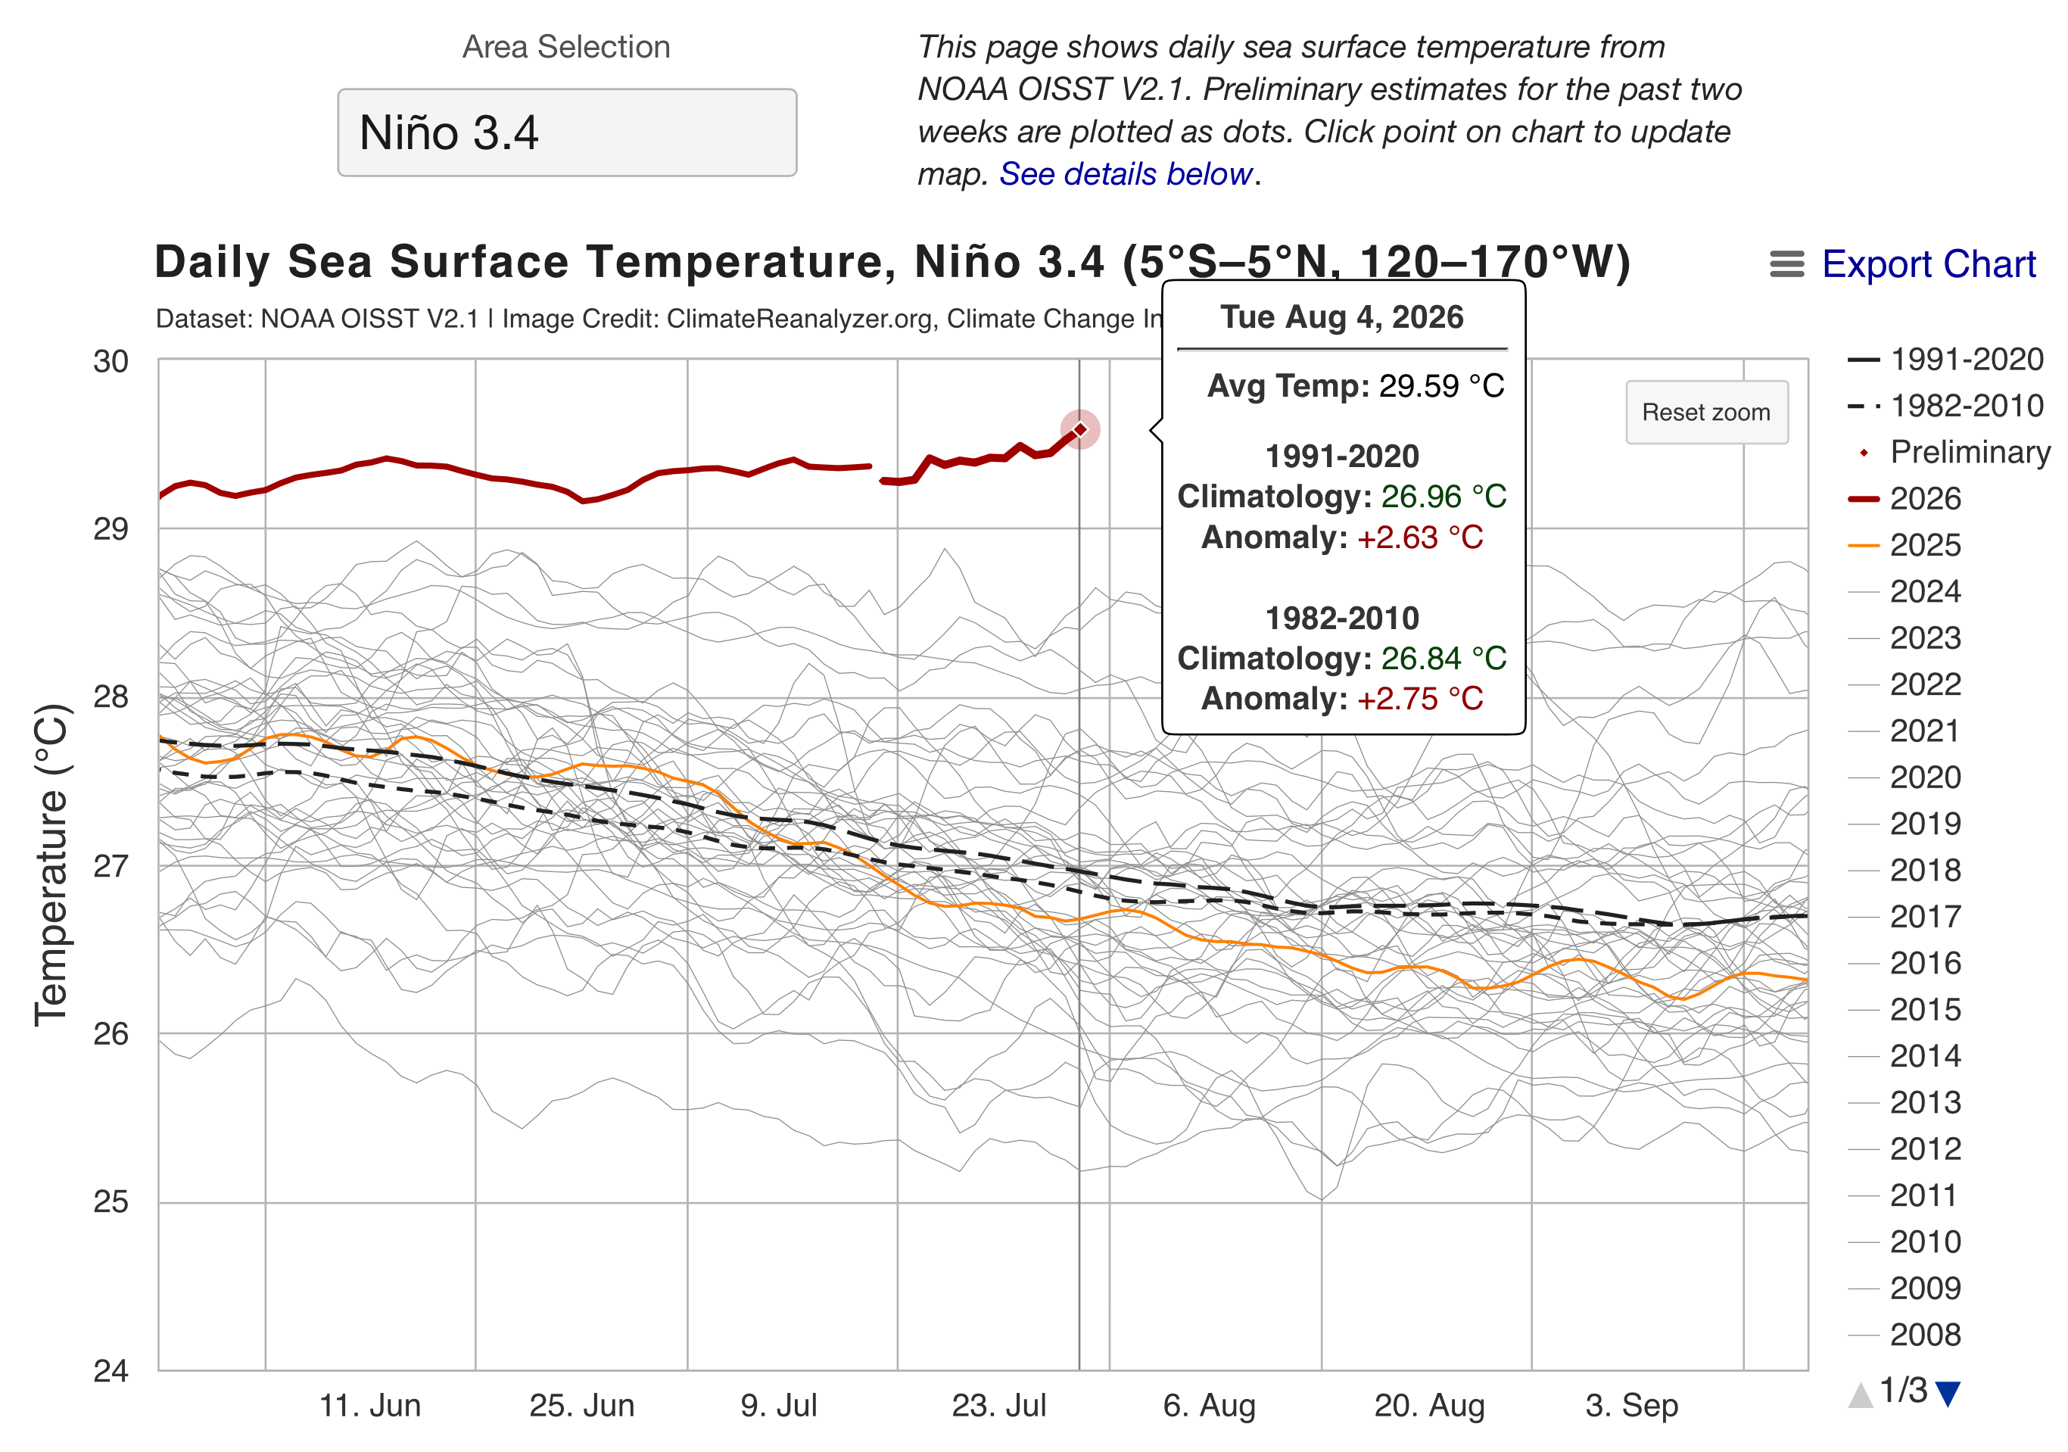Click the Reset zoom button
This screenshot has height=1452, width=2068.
point(1706,413)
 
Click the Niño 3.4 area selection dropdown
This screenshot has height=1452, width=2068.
point(566,132)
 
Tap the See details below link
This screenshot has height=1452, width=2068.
point(1126,174)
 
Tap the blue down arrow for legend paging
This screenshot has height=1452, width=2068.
point(1948,1394)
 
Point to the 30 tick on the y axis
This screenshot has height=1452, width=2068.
point(111,361)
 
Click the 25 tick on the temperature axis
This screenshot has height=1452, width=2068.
point(111,1201)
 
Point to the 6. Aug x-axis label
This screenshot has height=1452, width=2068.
point(1209,1405)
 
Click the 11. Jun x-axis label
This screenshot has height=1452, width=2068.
point(370,1405)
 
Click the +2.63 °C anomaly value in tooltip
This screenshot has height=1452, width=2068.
point(1420,537)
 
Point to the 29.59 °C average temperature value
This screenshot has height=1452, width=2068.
point(1442,385)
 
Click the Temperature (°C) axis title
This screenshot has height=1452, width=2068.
point(51,865)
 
